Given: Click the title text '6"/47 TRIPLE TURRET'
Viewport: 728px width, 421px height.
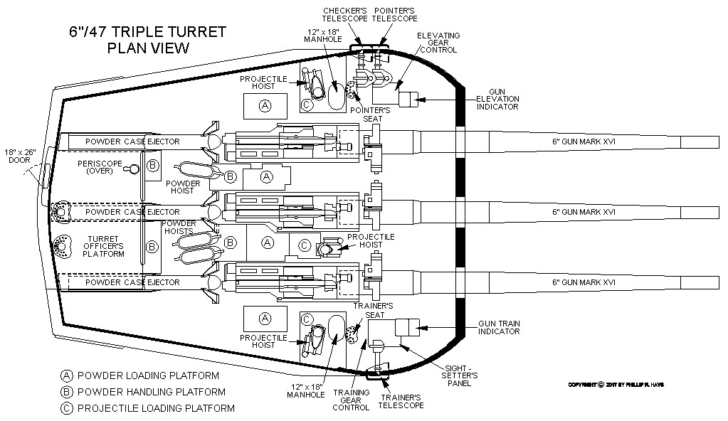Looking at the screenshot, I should tap(147, 32).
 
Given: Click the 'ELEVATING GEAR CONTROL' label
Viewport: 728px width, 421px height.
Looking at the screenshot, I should tap(438, 43).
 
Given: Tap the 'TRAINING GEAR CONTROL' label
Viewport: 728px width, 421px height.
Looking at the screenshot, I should tap(352, 400).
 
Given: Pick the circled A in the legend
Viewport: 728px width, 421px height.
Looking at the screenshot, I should tap(68, 375).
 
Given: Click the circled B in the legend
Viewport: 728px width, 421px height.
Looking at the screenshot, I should tap(68, 392).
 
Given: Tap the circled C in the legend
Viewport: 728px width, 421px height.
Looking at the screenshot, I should tap(68, 408).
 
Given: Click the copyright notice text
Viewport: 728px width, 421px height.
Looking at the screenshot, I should tap(620, 385).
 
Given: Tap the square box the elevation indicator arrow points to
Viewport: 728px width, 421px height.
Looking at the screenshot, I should tap(408, 99).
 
